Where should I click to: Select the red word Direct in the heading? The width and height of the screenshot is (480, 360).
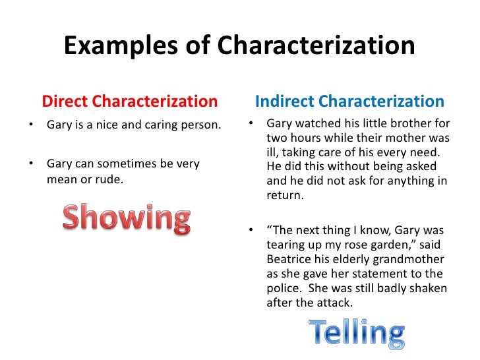tap(65, 102)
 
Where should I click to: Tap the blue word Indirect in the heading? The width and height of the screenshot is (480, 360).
tap(284, 102)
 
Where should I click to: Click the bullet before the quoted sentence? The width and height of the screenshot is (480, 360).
tap(251, 230)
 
